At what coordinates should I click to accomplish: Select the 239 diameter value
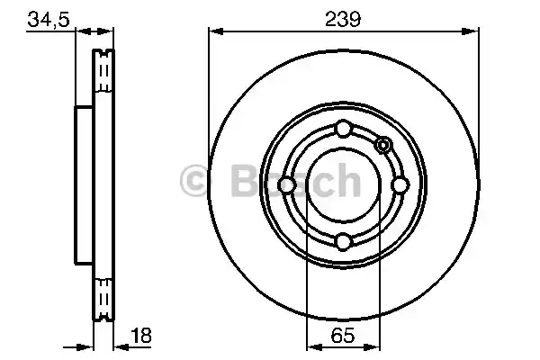click(343, 17)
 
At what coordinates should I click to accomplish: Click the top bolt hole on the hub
click(343, 130)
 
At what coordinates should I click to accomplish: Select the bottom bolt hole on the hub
click(343, 240)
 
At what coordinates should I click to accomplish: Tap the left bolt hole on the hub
click(287, 185)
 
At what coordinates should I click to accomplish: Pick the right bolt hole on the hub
click(399, 185)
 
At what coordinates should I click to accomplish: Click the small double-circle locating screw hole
click(382, 146)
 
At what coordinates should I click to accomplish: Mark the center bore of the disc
click(343, 185)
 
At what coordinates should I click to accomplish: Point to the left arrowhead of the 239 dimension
click(214, 31)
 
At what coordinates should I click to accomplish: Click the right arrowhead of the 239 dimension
click(472, 31)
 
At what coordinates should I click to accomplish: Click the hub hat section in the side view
click(83, 185)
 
